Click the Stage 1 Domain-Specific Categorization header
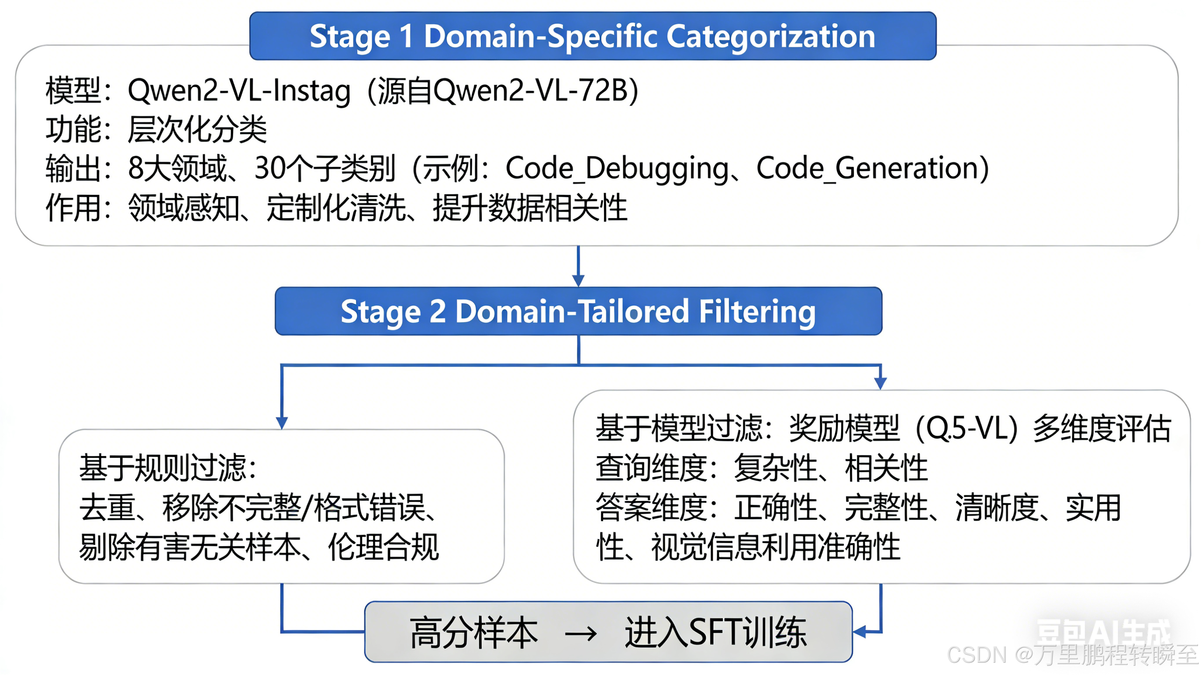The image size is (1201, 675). click(593, 36)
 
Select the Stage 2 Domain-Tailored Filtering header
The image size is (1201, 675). click(578, 311)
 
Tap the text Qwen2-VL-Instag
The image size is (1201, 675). click(239, 91)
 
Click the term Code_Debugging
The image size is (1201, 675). click(617, 169)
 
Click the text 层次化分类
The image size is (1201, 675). click(197, 130)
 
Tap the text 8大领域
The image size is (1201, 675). click(178, 169)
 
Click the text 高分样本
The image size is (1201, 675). click(474, 633)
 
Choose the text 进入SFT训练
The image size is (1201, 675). click(715, 633)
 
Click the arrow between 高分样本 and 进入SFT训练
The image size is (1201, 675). click(580, 634)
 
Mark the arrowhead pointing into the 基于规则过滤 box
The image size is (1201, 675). click(282, 422)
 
